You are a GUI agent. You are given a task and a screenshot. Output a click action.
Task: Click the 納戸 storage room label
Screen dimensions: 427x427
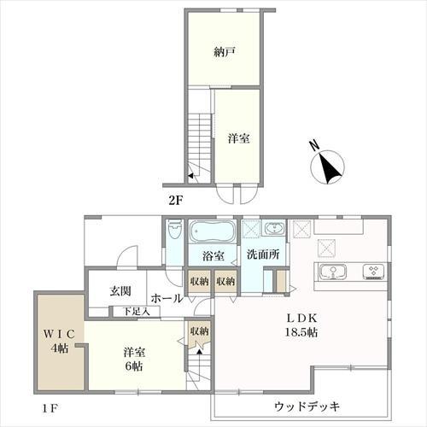[x=225, y=52]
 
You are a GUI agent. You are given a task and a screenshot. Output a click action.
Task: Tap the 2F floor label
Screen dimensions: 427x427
[x=175, y=201]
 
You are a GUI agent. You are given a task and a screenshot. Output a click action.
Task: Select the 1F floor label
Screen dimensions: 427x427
[x=50, y=409]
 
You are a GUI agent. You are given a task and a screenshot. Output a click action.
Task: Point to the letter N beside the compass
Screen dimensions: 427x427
[x=314, y=146]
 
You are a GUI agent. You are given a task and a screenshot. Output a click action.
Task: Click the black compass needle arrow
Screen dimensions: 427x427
[x=329, y=168]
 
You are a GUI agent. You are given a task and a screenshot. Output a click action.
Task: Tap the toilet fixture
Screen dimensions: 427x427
[x=174, y=228]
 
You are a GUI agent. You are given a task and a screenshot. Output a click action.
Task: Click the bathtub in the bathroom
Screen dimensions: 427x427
[x=213, y=231]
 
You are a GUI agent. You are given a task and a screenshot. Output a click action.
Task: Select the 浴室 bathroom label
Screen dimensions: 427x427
[x=213, y=256]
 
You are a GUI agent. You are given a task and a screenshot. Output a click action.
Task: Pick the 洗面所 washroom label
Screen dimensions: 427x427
[x=263, y=254]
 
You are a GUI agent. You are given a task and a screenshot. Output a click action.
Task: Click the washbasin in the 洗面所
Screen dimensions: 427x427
[x=274, y=229]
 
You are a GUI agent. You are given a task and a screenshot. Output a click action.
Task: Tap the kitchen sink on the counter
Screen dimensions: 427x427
[x=333, y=272]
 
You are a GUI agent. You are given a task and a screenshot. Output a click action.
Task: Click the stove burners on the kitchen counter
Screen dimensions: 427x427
[x=373, y=272]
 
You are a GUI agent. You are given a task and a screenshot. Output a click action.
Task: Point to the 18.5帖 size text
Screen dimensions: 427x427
[x=301, y=332]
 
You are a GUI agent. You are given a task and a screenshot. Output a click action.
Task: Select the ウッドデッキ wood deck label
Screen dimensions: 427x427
[x=307, y=407]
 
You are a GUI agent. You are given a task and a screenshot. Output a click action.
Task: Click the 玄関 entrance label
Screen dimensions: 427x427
[x=120, y=291]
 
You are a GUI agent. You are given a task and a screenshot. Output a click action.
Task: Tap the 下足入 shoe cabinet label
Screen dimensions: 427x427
[x=137, y=312]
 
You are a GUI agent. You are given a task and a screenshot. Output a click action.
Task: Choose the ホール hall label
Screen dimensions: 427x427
[x=167, y=299]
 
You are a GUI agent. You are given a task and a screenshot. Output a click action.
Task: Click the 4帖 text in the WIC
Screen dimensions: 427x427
[x=59, y=348]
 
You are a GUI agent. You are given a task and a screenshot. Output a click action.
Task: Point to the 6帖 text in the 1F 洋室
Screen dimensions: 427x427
[x=134, y=366]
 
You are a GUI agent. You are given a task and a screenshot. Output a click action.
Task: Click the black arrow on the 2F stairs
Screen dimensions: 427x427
[x=190, y=176]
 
